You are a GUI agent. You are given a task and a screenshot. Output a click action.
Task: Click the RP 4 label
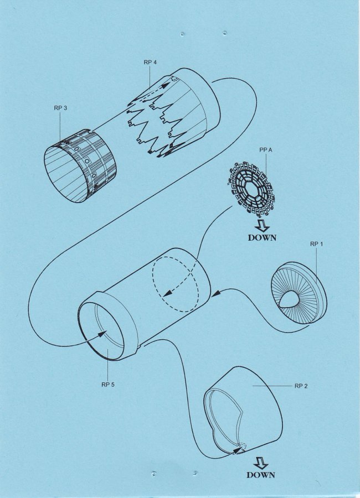(x=150, y=62)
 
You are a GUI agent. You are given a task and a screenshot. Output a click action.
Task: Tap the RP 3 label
(x=60, y=108)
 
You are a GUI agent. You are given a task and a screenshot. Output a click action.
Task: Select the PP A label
(x=265, y=150)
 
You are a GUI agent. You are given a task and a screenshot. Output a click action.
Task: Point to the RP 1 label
(x=316, y=244)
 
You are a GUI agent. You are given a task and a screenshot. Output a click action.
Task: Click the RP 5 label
(x=108, y=385)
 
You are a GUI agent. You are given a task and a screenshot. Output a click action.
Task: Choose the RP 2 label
(x=301, y=386)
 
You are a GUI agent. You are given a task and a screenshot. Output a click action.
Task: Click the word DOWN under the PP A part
(x=263, y=237)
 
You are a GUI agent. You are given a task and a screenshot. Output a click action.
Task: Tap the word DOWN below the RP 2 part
(x=261, y=475)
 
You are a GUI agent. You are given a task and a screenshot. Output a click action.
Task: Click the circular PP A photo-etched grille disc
(x=251, y=189)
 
